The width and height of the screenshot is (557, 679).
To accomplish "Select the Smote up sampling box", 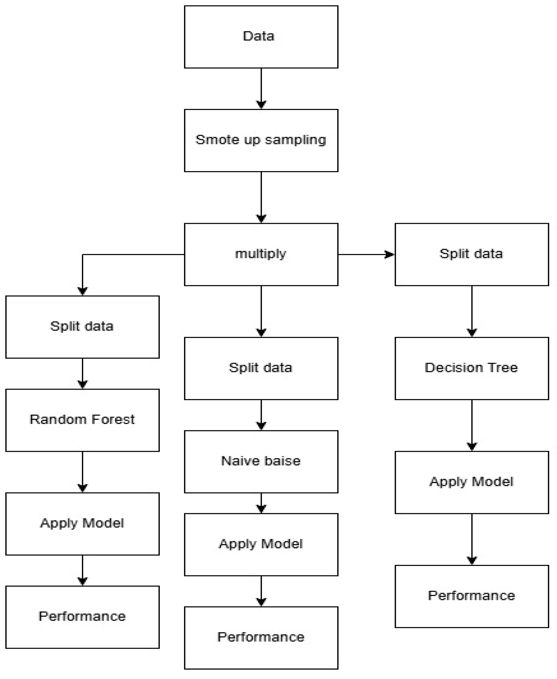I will click(x=261, y=140).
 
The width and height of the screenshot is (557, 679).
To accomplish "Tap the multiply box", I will click(x=261, y=254).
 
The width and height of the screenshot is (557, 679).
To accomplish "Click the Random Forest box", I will click(x=82, y=420).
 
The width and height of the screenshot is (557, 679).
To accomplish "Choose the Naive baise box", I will click(x=261, y=462).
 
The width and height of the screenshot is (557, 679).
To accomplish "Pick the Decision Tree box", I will click(x=471, y=368).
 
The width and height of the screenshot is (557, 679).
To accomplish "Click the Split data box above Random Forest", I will click(x=82, y=327).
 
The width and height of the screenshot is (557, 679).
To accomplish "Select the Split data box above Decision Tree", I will click(x=471, y=254).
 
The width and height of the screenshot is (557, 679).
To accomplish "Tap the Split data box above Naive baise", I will click(x=261, y=368).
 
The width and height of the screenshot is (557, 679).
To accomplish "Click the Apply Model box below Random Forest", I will click(x=82, y=524).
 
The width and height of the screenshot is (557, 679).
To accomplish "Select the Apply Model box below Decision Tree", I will click(x=471, y=482).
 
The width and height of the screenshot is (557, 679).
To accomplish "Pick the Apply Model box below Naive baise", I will click(x=261, y=544).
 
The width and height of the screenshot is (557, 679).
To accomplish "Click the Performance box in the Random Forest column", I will click(x=82, y=617).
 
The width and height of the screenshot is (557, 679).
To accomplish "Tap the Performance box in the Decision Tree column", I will click(x=471, y=596).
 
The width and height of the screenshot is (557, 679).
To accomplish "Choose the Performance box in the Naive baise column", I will click(x=261, y=638).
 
